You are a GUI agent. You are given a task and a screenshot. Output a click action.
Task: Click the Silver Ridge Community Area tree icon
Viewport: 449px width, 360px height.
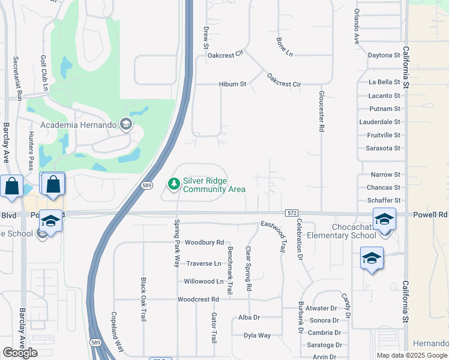pyautogui.click(x=174, y=184)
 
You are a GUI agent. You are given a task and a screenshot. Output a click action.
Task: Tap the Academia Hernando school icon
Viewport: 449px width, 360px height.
pyautogui.click(x=126, y=125)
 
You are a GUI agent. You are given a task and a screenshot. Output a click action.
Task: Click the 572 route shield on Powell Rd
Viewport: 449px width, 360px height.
pyautogui.click(x=292, y=213)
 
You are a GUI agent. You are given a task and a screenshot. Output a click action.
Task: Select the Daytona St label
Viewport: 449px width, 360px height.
pyautogui.click(x=384, y=55)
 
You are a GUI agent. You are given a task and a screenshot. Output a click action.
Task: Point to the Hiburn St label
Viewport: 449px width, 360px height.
pyautogui.click(x=233, y=84)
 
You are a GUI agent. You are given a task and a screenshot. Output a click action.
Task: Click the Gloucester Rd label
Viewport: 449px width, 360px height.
pyautogui.click(x=322, y=112)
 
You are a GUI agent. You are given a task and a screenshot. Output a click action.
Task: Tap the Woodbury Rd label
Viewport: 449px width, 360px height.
pyautogui.click(x=204, y=243)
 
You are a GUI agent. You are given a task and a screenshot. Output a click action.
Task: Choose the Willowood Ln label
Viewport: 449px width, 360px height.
pyautogui.click(x=203, y=281)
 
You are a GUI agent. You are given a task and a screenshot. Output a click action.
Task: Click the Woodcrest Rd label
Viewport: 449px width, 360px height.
pyautogui.click(x=198, y=299)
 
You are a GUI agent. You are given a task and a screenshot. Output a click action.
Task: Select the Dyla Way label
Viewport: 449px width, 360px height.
pyautogui.click(x=257, y=335)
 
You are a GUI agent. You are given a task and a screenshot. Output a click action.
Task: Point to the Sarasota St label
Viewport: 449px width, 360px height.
pyautogui.click(x=383, y=148)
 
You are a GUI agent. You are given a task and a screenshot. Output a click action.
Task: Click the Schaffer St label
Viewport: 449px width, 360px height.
pyautogui.click(x=383, y=200)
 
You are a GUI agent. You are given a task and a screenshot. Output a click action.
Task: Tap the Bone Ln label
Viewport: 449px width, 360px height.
pyautogui.click(x=284, y=47)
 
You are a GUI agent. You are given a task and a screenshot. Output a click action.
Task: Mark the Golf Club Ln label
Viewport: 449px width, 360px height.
pyautogui.click(x=44, y=73)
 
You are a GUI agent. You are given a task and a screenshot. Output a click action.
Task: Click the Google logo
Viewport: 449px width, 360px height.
pyautogui.click(x=20, y=353)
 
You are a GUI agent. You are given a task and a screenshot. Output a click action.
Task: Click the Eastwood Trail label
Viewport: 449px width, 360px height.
pyautogui.click(x=274, y=236)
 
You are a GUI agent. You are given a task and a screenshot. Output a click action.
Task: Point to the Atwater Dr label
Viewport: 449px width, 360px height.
pyautogui.click(x=322, y=308)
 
